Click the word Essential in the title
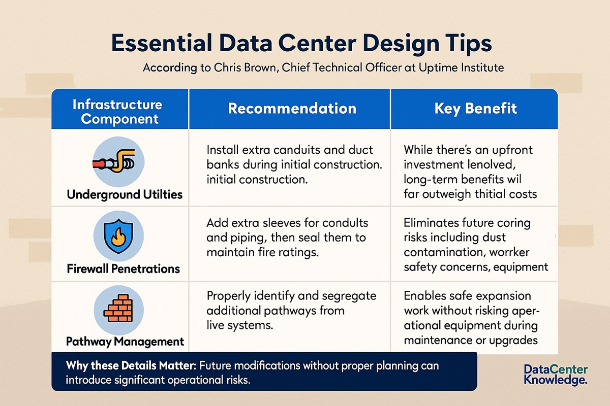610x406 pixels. [x=162, y=43]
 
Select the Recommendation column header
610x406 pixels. [x=292, y=108]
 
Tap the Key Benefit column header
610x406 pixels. [x=475, y=108]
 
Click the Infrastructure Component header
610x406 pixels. [x=117, y=112]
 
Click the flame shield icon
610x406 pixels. [x=118, y=236]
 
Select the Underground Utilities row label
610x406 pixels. [x=125, y=195]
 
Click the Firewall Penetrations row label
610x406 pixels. [x=124, y=268]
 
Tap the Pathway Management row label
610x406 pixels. [x=125, y=342]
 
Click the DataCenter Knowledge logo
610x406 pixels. [x=556, y=375]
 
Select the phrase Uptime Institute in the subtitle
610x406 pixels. [x=462, y=67]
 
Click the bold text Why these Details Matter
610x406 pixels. [x=131, y=365]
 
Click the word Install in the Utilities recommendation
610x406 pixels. [x=222, y=150]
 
